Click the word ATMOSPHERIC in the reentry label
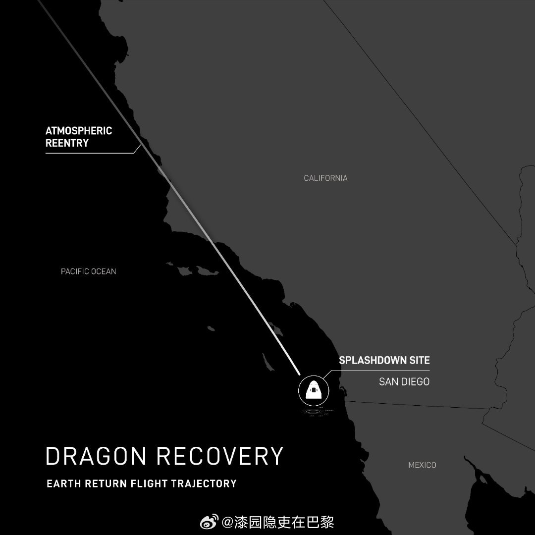point(79,131)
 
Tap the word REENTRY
point(67,143)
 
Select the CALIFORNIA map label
point(325,178)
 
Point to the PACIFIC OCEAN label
point(88,271)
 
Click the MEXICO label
point(422,465)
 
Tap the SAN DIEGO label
point(404,382)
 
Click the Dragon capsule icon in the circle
point(313,390)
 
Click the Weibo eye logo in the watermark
point(210,522)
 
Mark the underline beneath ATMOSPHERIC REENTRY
point(89,153)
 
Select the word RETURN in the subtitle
point(103,483)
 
